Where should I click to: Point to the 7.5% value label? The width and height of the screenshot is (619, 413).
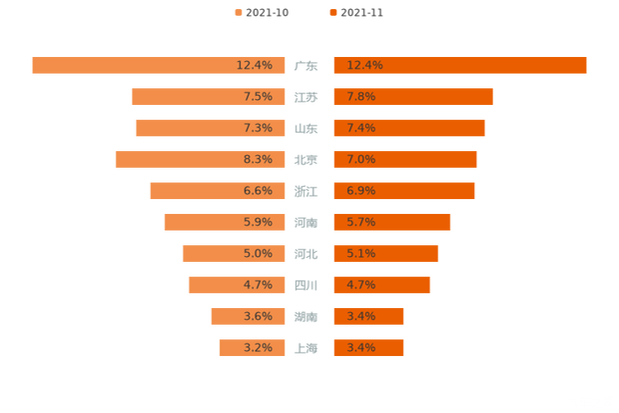(x=258, y=97)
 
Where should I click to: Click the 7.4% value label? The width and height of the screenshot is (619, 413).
(x=360, y=128)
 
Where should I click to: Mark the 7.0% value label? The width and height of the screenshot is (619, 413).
(x=360, y=159)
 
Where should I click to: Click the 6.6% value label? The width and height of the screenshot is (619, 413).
(x=258, y=191)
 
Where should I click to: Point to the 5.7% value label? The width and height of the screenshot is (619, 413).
(x=360, y=222)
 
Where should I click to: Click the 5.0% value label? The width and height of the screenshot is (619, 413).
(x=258, y=254)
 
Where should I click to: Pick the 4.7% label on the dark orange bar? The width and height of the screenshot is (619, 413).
(x=360, y=285)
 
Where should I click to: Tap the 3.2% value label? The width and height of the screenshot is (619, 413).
(x=258, y=348)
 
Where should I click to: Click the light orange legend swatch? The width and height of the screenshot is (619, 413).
(x=238, y=12)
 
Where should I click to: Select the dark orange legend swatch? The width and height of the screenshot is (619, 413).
(x=331, y=12)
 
